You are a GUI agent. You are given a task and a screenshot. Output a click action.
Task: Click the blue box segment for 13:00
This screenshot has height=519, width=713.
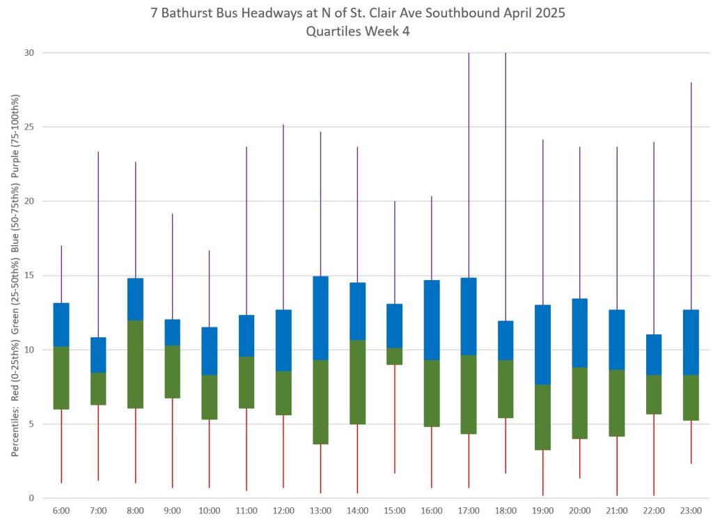(x=320, y=318)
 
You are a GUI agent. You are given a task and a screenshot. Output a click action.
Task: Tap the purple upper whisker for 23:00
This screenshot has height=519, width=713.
(x=691, y=195)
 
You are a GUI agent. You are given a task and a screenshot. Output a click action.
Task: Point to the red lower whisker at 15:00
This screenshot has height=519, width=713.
(x=395, y=419)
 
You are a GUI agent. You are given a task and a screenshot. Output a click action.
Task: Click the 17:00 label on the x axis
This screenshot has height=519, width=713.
(x=469, y=511)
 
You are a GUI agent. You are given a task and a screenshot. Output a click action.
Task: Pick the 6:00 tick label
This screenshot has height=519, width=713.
(x=61, y=511)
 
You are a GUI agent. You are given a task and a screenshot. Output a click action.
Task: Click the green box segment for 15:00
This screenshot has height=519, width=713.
(x=395, y=356)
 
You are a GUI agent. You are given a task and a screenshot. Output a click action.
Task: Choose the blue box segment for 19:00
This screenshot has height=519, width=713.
(x=542, y=345)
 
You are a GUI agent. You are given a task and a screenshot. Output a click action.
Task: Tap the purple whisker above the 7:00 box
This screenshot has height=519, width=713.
(x=98, y=244)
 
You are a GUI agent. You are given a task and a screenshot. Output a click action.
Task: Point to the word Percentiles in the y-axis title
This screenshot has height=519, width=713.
(x=15, y=432)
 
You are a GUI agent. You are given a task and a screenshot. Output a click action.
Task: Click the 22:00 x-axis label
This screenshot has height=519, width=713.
(x=654, y=511)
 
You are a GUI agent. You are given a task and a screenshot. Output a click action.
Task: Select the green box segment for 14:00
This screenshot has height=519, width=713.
(x=357, y=382)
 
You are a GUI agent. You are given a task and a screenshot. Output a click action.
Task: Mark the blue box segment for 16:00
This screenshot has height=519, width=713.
(x=432, y=320)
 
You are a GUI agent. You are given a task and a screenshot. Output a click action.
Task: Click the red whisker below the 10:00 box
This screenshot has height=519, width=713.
(x=210, y=454)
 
